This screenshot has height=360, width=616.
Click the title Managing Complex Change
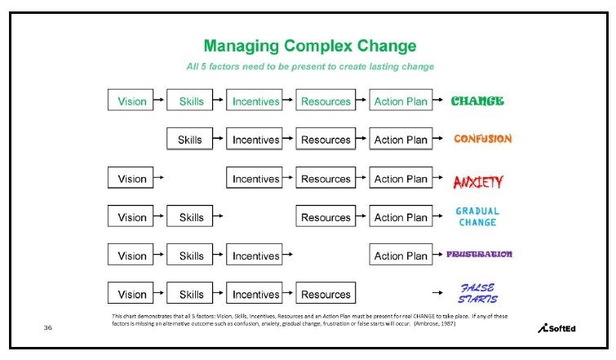pos(309,47)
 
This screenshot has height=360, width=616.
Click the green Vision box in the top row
pos(131,100)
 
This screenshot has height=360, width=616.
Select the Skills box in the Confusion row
pos(190,138)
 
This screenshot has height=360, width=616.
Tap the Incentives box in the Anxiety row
pos(255,177)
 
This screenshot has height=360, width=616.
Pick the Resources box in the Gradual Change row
pos(326,216)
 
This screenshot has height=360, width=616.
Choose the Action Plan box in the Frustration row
pos(401,254)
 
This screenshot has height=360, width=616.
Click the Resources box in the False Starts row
pos(326,293)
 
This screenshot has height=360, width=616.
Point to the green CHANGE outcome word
pos(477,101)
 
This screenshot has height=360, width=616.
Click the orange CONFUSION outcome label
pos(483,138)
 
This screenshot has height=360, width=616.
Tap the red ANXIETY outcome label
pos(478,181)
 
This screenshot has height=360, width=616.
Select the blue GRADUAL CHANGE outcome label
pos(478,216)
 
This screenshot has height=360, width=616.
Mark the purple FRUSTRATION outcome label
pos(479,254)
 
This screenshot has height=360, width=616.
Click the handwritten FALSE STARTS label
pos(478,293)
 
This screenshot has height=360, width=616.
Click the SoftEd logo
pos(556,328)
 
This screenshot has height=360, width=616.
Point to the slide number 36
pos(48,327)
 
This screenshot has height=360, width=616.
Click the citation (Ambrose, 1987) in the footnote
pos(435,323)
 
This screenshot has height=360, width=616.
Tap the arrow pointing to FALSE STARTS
pos(437,292)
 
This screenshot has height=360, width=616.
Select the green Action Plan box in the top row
pos(401,100)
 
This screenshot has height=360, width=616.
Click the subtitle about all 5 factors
pos(310,66)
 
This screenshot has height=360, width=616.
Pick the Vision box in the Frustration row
pos(131,254)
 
